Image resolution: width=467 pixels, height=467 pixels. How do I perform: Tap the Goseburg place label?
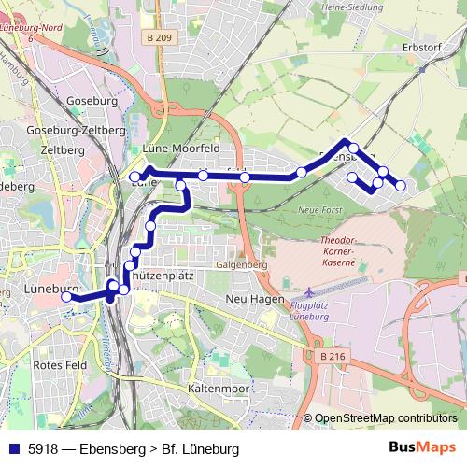coord(92,100)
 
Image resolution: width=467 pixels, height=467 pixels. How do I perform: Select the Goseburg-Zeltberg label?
coord(77,130)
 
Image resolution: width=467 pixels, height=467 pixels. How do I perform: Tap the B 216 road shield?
coord(331,356)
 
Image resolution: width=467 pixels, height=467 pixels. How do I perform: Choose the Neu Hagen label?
coord(254,298)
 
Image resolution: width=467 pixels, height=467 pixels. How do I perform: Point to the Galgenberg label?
coord(242,264)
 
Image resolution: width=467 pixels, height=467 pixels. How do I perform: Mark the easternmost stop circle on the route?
coord(401,186)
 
